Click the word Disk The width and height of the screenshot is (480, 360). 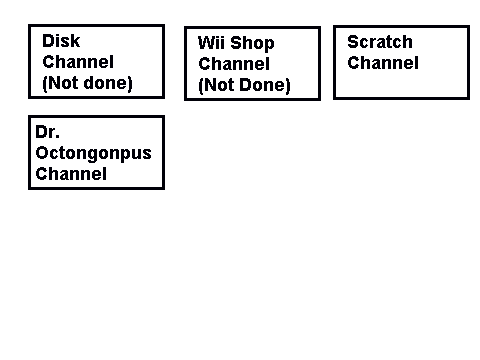(61, 41)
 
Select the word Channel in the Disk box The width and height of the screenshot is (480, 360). (78, 62)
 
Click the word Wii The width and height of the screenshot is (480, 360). (211, 43)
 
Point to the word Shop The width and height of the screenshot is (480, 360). (252, 44)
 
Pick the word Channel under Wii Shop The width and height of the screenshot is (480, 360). (234, 64)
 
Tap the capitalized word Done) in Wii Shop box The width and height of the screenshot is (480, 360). (265, 85)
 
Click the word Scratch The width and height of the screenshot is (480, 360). (380, 42)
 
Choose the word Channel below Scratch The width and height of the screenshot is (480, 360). (383, 63)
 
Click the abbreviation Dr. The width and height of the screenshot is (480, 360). (47, 132)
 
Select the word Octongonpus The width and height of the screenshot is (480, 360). (93, 154)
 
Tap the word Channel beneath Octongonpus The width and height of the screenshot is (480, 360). (71, 174)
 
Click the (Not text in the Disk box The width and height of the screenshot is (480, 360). (60, 83)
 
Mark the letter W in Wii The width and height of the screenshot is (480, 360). (206, 43)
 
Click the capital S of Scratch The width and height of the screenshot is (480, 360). (353, 42)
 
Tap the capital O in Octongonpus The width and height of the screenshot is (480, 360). (42, 153)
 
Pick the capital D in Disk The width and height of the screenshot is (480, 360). (49, 41)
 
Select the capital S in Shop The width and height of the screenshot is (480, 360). (236, 43)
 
